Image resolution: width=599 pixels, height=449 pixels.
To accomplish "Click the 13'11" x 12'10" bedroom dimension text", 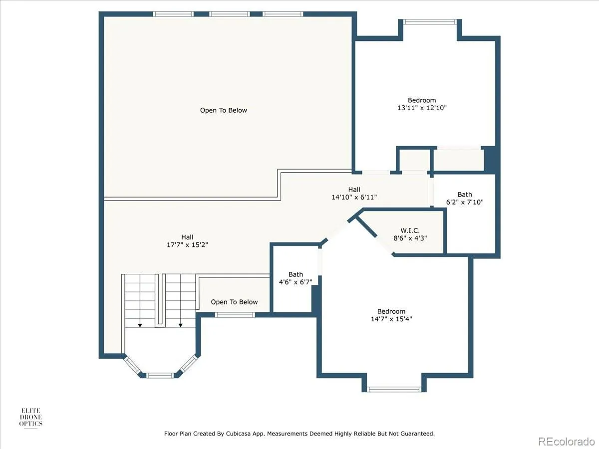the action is click(422, 108).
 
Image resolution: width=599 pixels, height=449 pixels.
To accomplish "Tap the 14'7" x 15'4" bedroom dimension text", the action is click(391, 319).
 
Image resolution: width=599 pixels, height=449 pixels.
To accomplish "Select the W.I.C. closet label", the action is click(410, 230).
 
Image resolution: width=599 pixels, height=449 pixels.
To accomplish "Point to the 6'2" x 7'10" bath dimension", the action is click(464, 202).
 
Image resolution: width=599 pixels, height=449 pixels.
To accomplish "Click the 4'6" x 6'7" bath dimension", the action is click(296, 282).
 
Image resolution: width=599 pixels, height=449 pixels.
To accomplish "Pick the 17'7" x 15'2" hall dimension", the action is click(187, 245).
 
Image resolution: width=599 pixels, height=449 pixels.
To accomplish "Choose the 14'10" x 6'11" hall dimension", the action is click(354, 197).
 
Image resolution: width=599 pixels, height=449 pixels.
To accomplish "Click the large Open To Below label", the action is click(224, 110).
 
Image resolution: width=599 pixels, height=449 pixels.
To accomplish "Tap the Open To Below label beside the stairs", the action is click(234, 302).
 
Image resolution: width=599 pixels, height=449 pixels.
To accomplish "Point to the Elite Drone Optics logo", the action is click(31, 417).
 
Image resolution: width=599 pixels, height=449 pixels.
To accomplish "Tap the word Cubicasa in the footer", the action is click(238, 434).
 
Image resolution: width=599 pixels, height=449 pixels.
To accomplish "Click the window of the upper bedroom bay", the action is click(430, 22).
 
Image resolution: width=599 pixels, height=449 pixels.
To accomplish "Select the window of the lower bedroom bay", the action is click(394, 389).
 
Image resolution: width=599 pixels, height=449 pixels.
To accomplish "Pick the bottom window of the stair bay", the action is click(160, 375).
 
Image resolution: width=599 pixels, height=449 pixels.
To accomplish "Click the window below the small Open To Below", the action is click(235, 315).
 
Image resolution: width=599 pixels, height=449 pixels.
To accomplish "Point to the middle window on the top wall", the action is click(230, 14).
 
